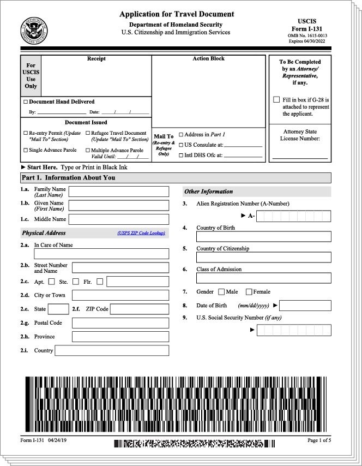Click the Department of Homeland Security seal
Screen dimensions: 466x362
tap(34, 31)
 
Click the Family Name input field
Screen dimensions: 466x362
tap(118, 192)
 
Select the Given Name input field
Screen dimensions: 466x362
tap(118, 205)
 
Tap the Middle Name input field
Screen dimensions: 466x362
tap(118, 219)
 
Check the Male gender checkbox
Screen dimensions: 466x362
tap(221, 292)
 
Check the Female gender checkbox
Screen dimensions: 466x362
tap(249, 292)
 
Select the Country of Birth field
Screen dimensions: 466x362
tap(256, 236)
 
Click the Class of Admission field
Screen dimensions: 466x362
tap(256, 278)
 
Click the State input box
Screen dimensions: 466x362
tap(58, 309)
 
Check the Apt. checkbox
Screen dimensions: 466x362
tap(52, 282)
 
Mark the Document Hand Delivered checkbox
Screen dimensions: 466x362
tap(26, 102)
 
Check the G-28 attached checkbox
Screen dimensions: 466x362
tap(277, 100)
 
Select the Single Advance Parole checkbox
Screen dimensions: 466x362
tap(26, 150)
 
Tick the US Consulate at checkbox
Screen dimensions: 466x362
tap(181, 145)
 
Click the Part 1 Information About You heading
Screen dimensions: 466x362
tap(68, 178)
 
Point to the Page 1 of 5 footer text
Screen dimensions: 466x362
tap(319, 440)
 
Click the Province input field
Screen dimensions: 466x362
tap(120, 337)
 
